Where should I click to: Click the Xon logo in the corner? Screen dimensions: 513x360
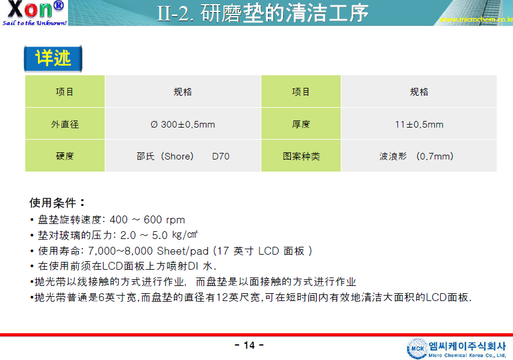[x=34, y=13]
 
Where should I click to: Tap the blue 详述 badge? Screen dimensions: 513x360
[x=53, y=58]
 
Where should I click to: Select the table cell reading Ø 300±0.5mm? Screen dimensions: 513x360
[x=183, y=124]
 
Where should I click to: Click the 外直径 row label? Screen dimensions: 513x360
[x=65, y=124]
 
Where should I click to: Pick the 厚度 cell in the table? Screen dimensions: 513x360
[x=301, y=124]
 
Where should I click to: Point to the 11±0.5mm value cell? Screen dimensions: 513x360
[x=419, y=124]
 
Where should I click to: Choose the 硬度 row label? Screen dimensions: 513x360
[x=65, y=156]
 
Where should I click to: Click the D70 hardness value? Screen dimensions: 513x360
[x=221, y=157]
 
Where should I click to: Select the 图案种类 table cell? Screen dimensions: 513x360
[x=301, y=156]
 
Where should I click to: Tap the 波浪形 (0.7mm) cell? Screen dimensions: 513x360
[x=419, y=156]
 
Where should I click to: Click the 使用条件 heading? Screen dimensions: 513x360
[x=57, y=203]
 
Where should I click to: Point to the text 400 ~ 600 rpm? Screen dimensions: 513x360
[x=148, y=220]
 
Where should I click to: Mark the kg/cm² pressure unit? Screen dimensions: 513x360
[x=185, y=235]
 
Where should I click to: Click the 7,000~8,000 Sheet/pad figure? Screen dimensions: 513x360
[x=148, y=251]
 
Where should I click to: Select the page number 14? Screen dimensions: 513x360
[x=249, y=346]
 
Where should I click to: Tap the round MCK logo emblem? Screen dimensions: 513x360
[x=417, y=348]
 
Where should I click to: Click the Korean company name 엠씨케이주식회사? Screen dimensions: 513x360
[x=467, y=346]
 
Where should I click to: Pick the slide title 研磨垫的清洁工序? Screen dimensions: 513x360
[x=284, y=13]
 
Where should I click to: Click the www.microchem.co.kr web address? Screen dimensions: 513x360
[x=476, y=20]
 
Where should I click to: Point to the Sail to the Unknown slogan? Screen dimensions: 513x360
[x=34, y=23]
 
